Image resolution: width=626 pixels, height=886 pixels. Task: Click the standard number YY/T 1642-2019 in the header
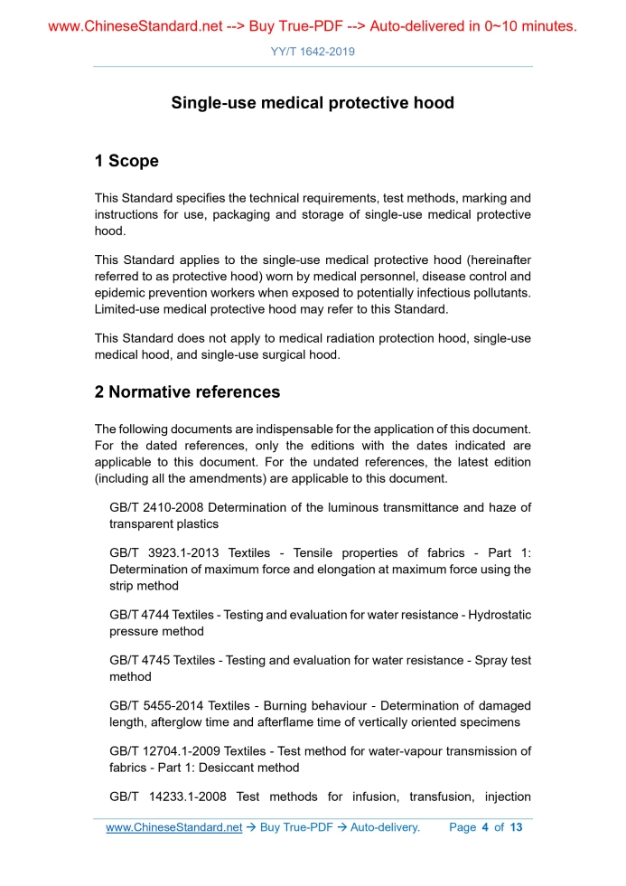313,52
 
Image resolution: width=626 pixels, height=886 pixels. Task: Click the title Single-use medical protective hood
313,103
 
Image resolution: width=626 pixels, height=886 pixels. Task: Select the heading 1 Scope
126,161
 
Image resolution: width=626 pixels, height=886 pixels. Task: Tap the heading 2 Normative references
187,392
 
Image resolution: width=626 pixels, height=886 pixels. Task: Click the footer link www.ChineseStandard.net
174,827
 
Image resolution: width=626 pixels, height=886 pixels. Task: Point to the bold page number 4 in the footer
485,827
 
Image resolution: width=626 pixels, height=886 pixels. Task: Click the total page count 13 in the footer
517,827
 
